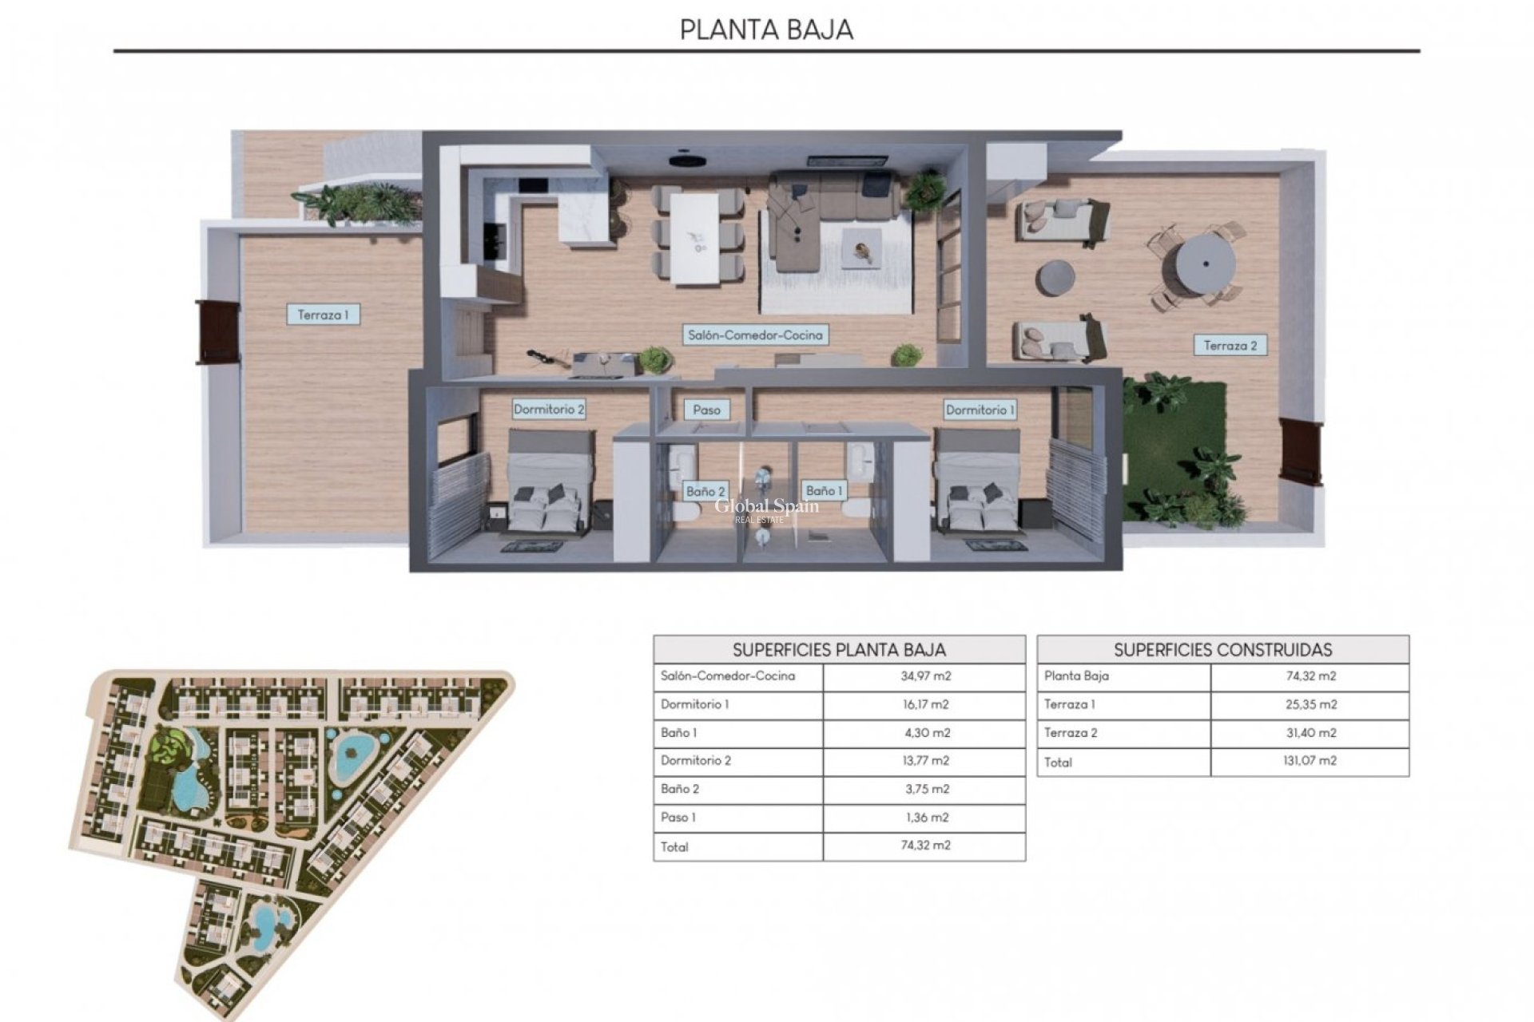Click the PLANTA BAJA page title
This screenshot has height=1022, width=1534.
point(766,30)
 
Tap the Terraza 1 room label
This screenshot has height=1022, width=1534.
point(323,315)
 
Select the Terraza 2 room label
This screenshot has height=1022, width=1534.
point(1230,346)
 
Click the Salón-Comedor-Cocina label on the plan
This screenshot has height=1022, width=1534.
point(755,335)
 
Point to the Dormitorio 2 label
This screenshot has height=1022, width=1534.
point(549,410)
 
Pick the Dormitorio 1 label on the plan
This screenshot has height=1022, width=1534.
point(980,410)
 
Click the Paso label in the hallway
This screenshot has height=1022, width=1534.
point(706,410)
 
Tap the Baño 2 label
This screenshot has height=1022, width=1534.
point(705,491)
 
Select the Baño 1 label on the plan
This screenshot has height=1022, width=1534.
point(824,490)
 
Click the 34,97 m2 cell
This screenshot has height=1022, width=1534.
point(925,675)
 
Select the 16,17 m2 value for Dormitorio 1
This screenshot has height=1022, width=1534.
point(925,704)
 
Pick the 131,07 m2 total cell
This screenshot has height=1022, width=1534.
point(1309,760)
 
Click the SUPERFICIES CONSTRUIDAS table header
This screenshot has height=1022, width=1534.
point(1222,649)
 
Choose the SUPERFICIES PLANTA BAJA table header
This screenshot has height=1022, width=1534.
point(839,649)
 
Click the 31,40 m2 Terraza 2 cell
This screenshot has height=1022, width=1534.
point(1309,732)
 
